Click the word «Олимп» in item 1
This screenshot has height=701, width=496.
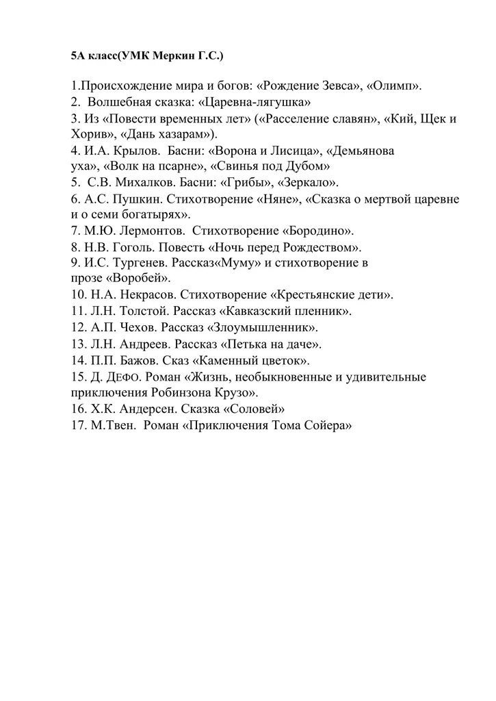tap(394, 87)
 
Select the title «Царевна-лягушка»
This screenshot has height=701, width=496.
tap(254, 103)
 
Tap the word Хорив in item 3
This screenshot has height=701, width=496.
tap(87, 134)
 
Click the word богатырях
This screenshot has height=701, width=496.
tap(148, 214)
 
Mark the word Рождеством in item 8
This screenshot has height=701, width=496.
tap(323, 247)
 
